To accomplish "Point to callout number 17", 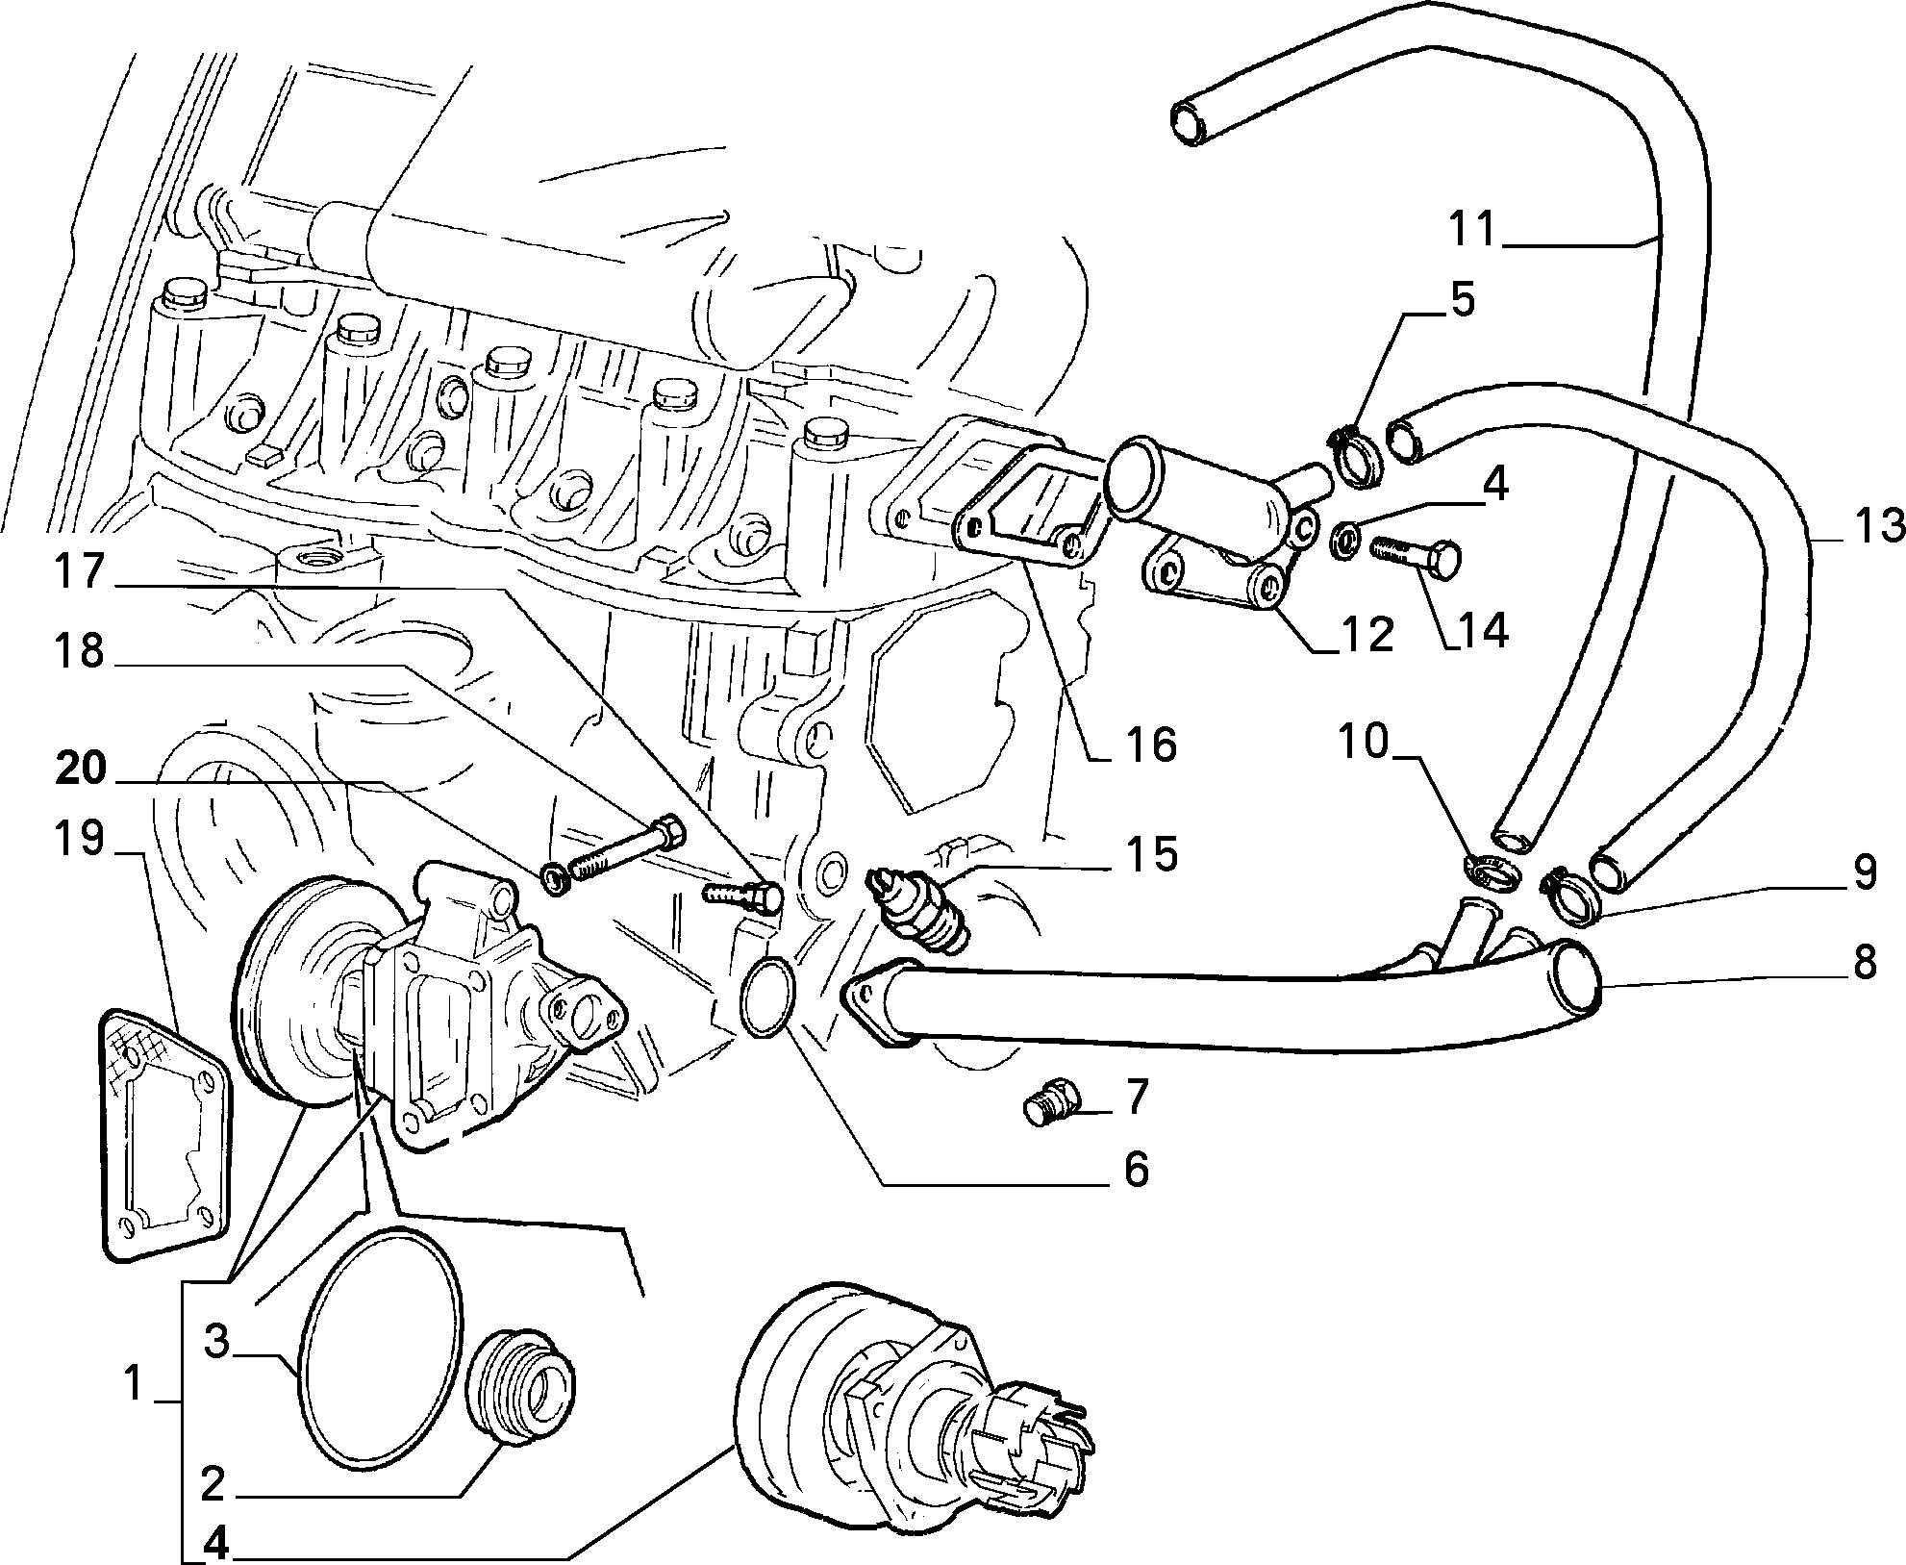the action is coord(80,571).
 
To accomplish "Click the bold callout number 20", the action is coord(80,769).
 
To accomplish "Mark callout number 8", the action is coord(1865,961).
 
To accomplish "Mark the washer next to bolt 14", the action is coord(1343,540).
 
